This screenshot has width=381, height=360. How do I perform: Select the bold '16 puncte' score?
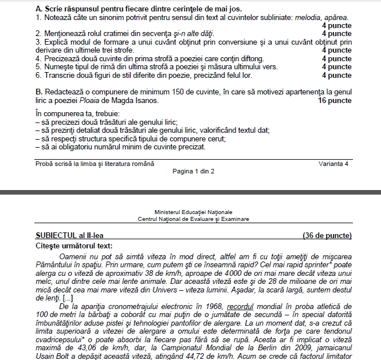point(335,100)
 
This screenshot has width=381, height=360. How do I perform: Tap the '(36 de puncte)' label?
point(327,235)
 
